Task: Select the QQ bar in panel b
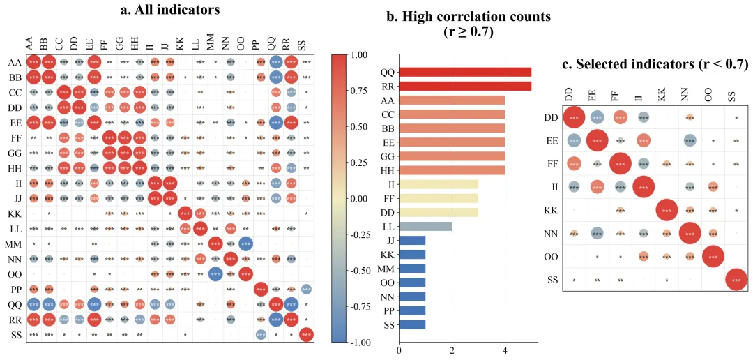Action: (x=465, y=72)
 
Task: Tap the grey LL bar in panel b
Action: (x=425, y=226)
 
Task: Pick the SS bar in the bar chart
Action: (x=412, y=324)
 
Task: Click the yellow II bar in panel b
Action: (x=439, y=184)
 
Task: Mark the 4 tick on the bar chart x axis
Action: (x=505, y=350)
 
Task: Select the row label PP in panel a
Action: (x=15, y=289)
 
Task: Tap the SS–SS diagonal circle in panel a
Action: (x=306, y=335)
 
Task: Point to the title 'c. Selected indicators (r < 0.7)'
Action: (x=655, y=64)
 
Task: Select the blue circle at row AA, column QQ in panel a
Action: (x=275, y=62)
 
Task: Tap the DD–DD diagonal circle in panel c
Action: (x=574, y=118)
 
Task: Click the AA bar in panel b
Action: (x=452, y=100)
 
